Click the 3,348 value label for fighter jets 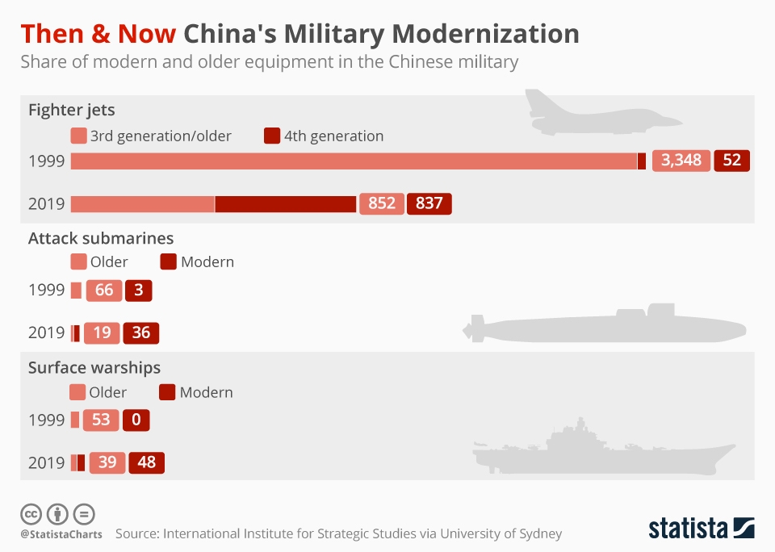(x=681, y=160)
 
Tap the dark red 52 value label (x=731, y=160)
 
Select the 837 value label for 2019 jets (x=429, y=203)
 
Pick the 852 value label (x=382, y=203)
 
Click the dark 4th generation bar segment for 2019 (x=286, y=203)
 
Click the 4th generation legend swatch (x=272, y=136)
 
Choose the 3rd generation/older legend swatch (x=78, y=136)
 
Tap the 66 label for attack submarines (x=104, y=290)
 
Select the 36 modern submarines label (x=141, y=332)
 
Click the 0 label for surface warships (x=136, y=420)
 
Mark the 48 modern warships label (x=147, y=462)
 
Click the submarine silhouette (x=605, y=325)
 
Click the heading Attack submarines (x=101, y=238)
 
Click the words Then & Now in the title (x=98, y=34)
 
